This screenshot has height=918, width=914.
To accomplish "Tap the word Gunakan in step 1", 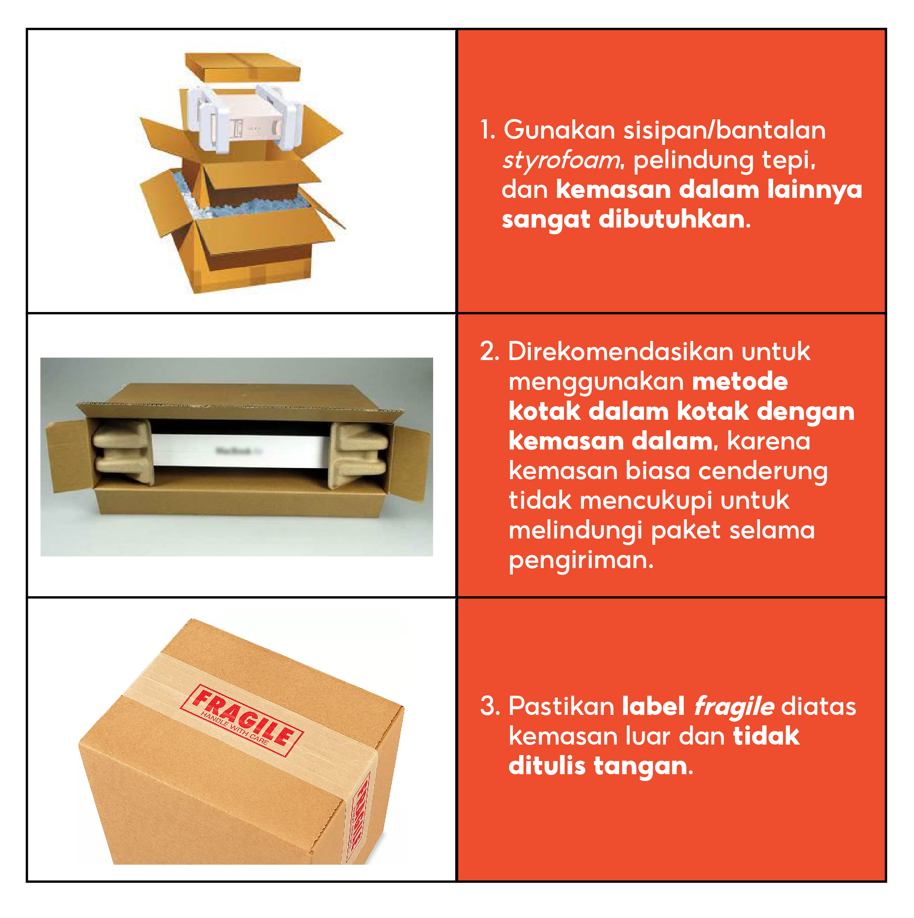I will click(559, 130).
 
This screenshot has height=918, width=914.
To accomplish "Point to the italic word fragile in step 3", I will click(734, 707).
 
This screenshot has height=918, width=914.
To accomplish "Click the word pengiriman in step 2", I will click(581, 561).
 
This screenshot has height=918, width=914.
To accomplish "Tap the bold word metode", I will click(740, 381).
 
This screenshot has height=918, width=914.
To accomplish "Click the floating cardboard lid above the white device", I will click(242, 67).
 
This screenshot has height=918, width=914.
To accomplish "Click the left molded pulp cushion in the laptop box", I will click(122, 451).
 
